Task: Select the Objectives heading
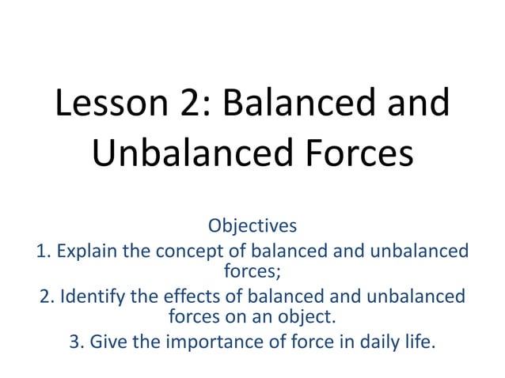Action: click(252, 225)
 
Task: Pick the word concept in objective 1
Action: click(187, 252)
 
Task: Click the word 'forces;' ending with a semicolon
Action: click(252, 273)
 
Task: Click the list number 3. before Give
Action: click(77, 344)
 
